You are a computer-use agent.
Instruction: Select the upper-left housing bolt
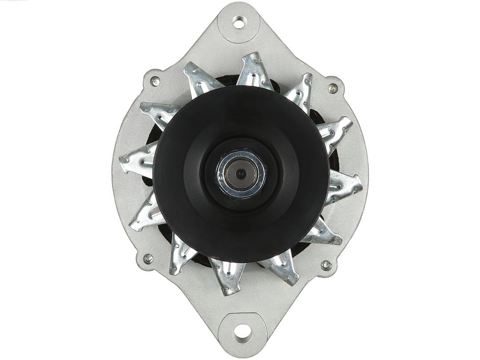pyautogui.click(x=155, y=81)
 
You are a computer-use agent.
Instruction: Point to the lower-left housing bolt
pyautogui.click(x=148, y=258)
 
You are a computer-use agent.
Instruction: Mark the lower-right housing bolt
pyautogui.click(x=326, y=265)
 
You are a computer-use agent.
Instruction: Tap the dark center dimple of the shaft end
pyautogui.click(x=240, y=172)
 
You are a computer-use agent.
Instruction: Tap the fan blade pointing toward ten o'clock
pyautogui.click(x=158, y=113)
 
